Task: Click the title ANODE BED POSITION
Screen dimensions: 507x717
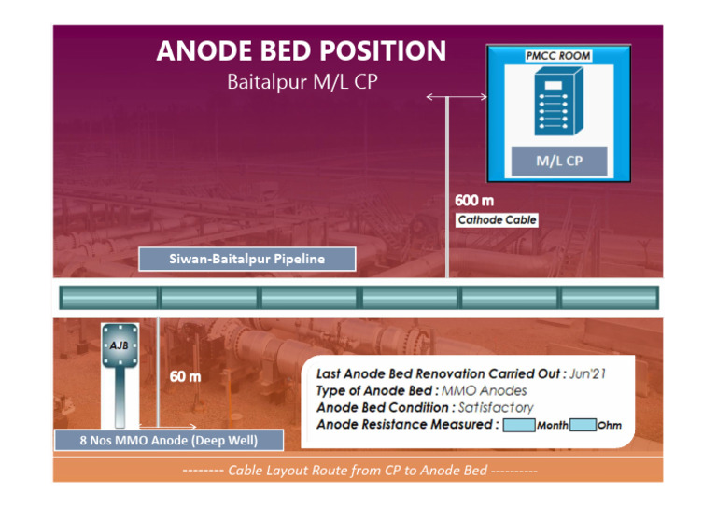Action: coord(302,50)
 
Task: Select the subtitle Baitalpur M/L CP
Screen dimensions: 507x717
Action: coord(302,82)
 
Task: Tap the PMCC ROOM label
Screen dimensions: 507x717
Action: coord(558,56)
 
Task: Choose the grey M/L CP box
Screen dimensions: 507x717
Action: coord(558,161)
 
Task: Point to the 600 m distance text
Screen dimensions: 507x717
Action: coord(474,200)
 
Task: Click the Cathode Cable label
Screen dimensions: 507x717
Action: coord(497,220)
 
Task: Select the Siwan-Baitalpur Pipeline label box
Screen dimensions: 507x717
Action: coord(247,259)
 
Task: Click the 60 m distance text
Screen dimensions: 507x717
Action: coord(184,376)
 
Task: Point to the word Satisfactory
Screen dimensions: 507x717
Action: coord(496,407)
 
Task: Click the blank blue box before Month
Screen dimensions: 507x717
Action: coord(518,426)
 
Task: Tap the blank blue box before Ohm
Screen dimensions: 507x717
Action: coord(583,426)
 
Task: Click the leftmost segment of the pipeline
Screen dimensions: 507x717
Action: coord(108,298)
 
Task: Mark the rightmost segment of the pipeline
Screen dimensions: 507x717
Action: coord(608,298)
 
